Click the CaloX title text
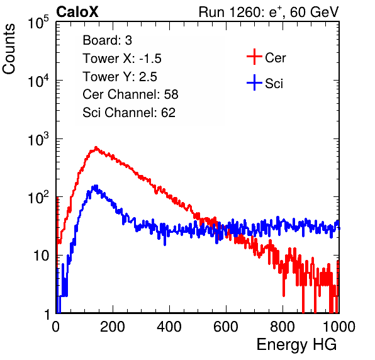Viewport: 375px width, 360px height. point(77,12)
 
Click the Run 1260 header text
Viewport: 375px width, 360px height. point(269,12)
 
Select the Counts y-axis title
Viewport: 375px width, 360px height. point(9,49)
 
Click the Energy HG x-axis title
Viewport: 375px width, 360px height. point(296,345)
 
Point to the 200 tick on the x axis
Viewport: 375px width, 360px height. point(113,327)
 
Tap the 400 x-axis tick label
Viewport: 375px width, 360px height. point(169,327)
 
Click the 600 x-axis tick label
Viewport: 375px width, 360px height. point(226,327)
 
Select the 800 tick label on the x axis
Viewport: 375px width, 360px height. point(283,327)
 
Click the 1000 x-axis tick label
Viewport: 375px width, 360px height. point(339,327)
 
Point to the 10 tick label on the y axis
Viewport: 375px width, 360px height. point(41,256)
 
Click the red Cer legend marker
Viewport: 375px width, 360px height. point(254,57)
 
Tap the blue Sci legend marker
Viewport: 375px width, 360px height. point(254,82)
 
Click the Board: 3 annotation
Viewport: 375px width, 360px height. point(108,40)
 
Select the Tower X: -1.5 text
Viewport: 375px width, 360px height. point(122,59)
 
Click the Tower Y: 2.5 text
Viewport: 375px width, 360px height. point(120,77)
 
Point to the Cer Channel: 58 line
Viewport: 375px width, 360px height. point(131,94)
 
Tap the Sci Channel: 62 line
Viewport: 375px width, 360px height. point(129,113)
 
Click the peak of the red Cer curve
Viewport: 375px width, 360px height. point(96,148)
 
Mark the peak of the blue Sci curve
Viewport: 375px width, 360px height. point(96,186)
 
